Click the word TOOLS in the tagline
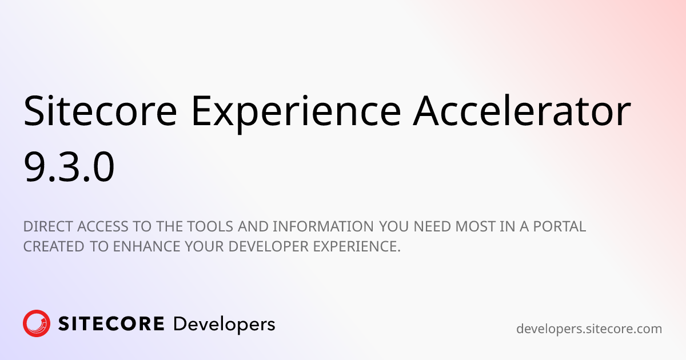coord(209,226)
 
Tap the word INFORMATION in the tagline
coord(323,226)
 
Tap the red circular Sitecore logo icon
coord(37,324)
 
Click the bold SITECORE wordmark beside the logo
coord(111,324)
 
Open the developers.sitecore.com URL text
coord(589,329)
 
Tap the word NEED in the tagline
coord(433,226)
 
